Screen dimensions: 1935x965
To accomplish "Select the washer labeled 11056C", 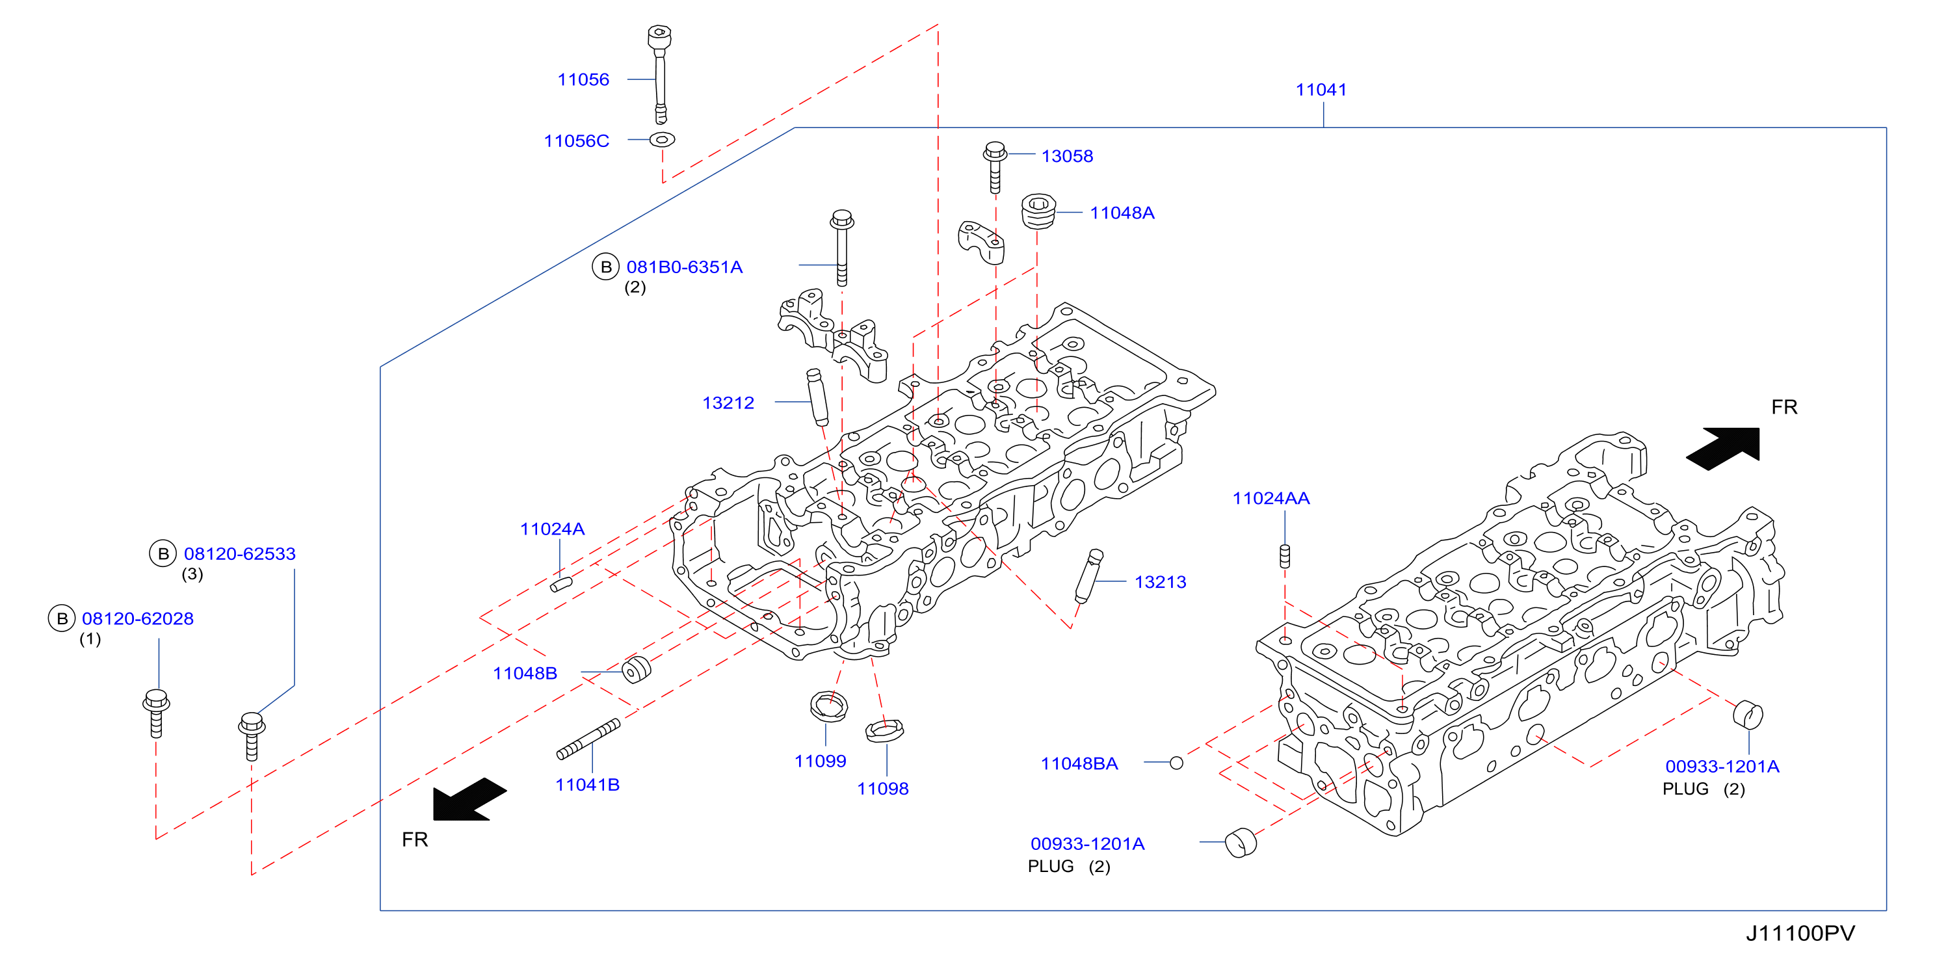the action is click(662, 139).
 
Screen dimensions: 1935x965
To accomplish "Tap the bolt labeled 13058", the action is click(995, 166).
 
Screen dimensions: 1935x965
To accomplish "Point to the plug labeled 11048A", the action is click(1039, 211).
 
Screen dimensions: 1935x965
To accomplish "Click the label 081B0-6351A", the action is click(684, 267).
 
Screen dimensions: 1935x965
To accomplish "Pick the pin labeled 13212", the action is click(817, 397).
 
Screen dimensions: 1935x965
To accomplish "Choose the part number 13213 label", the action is click(1160, 582).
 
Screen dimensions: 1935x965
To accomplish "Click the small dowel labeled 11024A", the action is click(561, 583).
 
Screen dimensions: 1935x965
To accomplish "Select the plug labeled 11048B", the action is click(637, 669).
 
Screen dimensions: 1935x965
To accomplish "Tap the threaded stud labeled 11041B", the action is click(588, 739).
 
